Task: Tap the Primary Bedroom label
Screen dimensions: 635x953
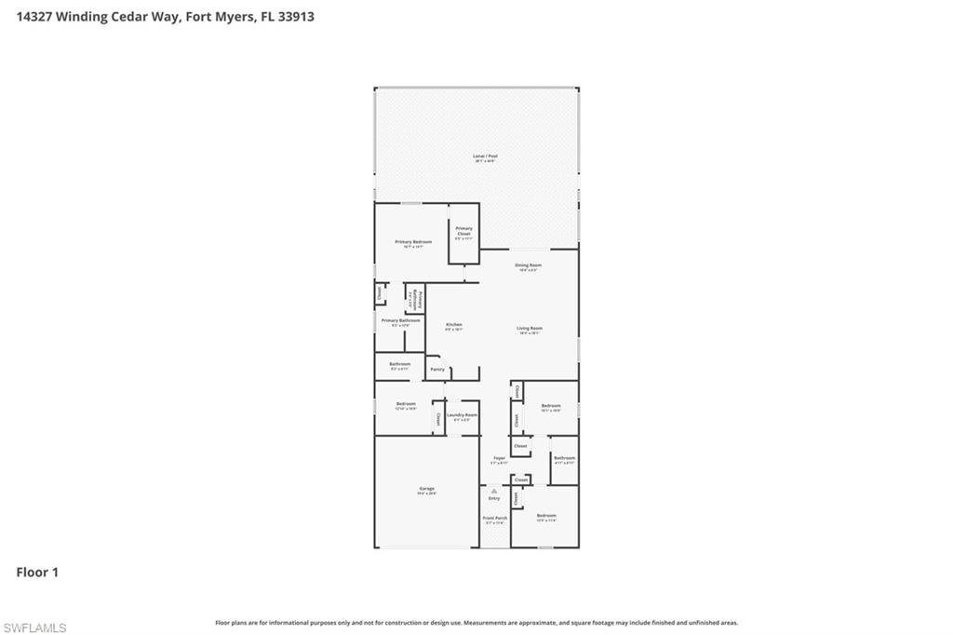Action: (x=413, y=242)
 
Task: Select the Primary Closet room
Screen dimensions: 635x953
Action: (x=463, y=232)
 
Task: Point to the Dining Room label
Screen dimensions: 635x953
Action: (x=529, y=265)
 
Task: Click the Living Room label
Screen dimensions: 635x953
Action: (x=530, y=328)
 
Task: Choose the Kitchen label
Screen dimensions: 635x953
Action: (x=453, y=325)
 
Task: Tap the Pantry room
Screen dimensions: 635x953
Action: (x=437, y=369)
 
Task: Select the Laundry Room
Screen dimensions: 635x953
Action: (x=462, y=415)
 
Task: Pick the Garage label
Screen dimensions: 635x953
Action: (x=426, y=489)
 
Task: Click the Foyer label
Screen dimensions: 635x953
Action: (x=499, y=458)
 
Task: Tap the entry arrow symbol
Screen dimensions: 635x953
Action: (x=494, y=491)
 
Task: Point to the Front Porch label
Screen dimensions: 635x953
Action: (x=495, y=519)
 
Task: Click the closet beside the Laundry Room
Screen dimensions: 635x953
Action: (x=438, y=417)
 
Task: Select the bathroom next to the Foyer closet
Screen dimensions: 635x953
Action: (x=564, y=459)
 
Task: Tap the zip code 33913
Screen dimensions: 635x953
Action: (x=295, y=16)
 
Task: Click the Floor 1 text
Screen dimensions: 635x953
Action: (x=37, y=572)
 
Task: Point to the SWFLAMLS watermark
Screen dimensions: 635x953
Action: (x=34, y=628)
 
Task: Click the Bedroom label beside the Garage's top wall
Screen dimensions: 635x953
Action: (x=406, y=404)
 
